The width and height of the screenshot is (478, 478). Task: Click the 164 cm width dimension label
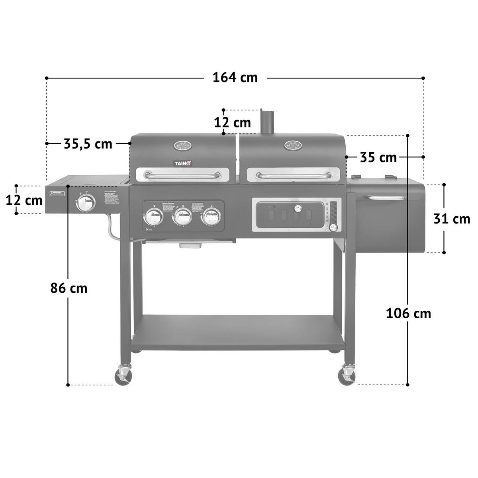235,78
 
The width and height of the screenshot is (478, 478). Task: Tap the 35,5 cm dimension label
88,143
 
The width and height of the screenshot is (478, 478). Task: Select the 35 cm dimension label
378,157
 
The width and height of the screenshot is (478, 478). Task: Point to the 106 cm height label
408,313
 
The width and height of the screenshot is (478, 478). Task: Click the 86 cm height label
69,288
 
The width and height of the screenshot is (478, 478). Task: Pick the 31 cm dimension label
452,219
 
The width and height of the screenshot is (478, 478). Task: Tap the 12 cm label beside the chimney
233,122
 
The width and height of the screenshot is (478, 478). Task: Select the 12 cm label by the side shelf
24,200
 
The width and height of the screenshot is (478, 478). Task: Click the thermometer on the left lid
182,146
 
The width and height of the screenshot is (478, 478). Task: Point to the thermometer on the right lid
293,145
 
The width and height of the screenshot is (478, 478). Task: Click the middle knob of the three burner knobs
182,217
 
